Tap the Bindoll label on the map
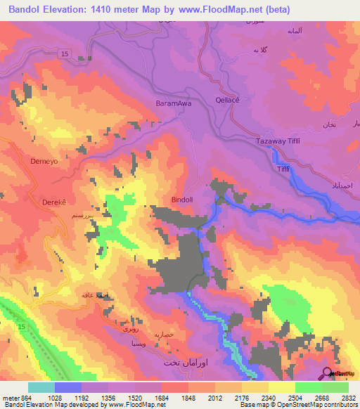pyautogui.click(x=184, y=200)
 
